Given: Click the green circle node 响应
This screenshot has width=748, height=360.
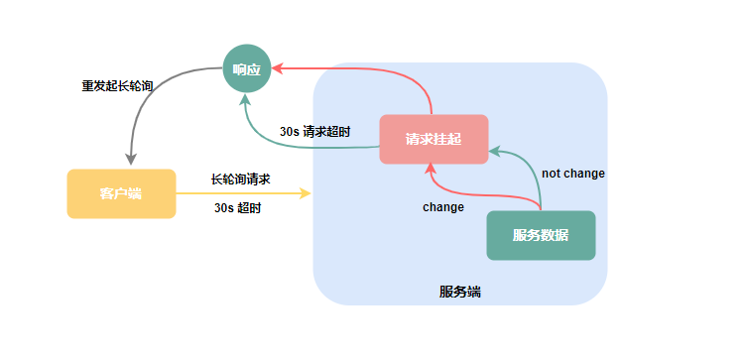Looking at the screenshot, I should [x=246, y=68].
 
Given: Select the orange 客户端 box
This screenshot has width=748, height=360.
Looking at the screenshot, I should [x=121, y=193].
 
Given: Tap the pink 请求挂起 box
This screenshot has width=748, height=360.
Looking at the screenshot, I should [x=434, y=139].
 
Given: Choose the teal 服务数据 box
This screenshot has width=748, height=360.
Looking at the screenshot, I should [x=541, y=235].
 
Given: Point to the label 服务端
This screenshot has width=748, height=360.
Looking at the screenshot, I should [x=460, y=292].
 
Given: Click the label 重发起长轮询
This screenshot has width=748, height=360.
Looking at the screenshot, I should [x=117, y=85].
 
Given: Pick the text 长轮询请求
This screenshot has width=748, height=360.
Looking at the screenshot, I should [x=241, y=180].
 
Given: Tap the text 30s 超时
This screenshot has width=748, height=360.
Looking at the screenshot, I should [x=238, y=208].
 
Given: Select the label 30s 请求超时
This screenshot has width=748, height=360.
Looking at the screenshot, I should [x=314, y=131].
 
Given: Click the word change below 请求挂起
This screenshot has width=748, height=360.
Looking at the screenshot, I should [x=442, y=207].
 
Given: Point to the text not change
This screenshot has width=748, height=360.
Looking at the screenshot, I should [x=573, y=174].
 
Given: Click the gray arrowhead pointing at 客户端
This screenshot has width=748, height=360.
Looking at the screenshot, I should [x=131, y=160].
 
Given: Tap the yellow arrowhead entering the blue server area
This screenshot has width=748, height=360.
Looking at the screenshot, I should [x=307, y=193].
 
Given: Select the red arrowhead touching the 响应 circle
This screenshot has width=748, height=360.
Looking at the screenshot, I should [x=278, y=68].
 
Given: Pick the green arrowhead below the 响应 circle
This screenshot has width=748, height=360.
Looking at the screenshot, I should [x=247, y=97].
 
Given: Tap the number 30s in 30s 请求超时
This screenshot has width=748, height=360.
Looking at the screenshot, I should [x=289, y=131].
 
